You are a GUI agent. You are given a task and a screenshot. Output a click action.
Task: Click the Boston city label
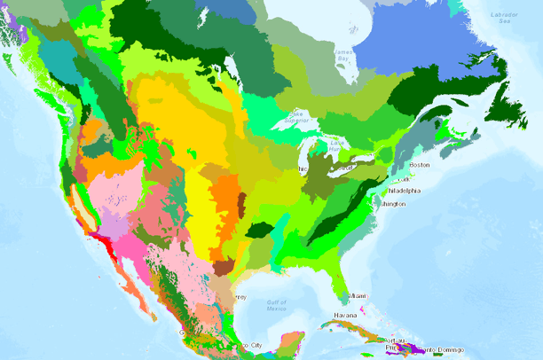tap(420, 165)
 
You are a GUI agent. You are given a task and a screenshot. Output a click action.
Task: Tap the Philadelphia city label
tap(403, 191)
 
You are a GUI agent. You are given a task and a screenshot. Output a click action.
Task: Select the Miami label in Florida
tap(358, 295)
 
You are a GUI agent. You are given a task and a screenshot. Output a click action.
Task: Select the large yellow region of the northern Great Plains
tap(177, 124)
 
